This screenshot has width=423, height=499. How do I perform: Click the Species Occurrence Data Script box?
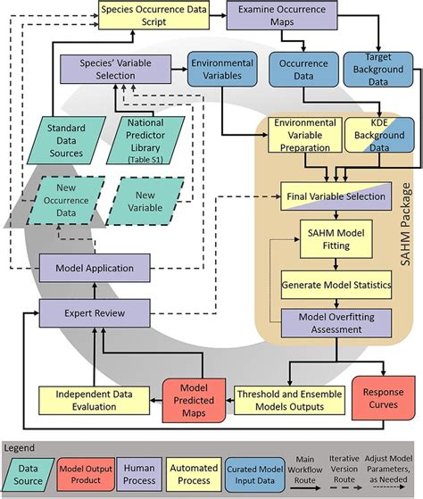click(x=153, y=17)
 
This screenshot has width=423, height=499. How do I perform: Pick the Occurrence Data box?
click(x=303, y=73)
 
